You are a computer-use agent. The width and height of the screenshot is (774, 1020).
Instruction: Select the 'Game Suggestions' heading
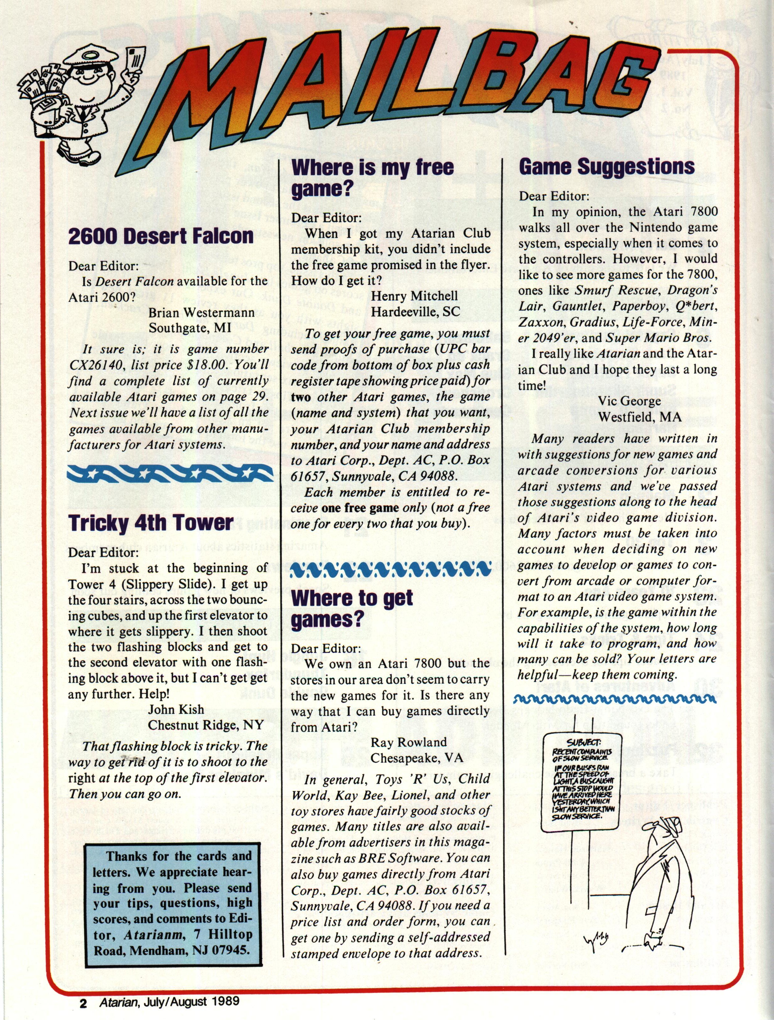pos(607,166)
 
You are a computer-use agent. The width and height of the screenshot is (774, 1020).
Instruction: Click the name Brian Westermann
pos(202,312)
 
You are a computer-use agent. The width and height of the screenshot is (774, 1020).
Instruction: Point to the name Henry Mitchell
pos(414,296)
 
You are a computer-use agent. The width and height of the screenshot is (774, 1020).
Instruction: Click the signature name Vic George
pos(629,401)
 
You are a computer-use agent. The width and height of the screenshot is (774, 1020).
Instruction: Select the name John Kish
pos(176,709)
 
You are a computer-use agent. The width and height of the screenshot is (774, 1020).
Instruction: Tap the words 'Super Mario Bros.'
pos(658,338)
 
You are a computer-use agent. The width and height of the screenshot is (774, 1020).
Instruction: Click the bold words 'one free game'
pos(360,508)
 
